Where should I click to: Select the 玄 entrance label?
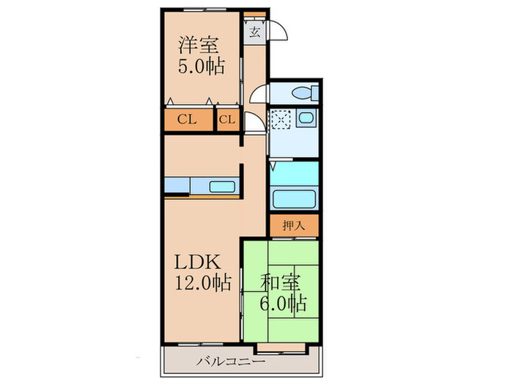click(x=254, y=32)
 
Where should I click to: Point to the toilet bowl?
click(x=303, y=92)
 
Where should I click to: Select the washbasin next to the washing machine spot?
click(x=306, y=119)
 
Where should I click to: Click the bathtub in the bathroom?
click(x=294, y=199)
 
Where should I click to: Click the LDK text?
click(x=194, y=262)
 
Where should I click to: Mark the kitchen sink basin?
click(x=221, y=186)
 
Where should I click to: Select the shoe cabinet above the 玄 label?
click(x=254, y=14)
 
